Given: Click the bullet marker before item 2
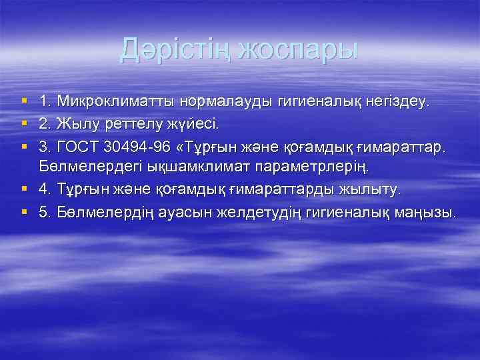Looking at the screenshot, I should tap(25, 124).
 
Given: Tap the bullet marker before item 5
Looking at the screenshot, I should tap(25, 212).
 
